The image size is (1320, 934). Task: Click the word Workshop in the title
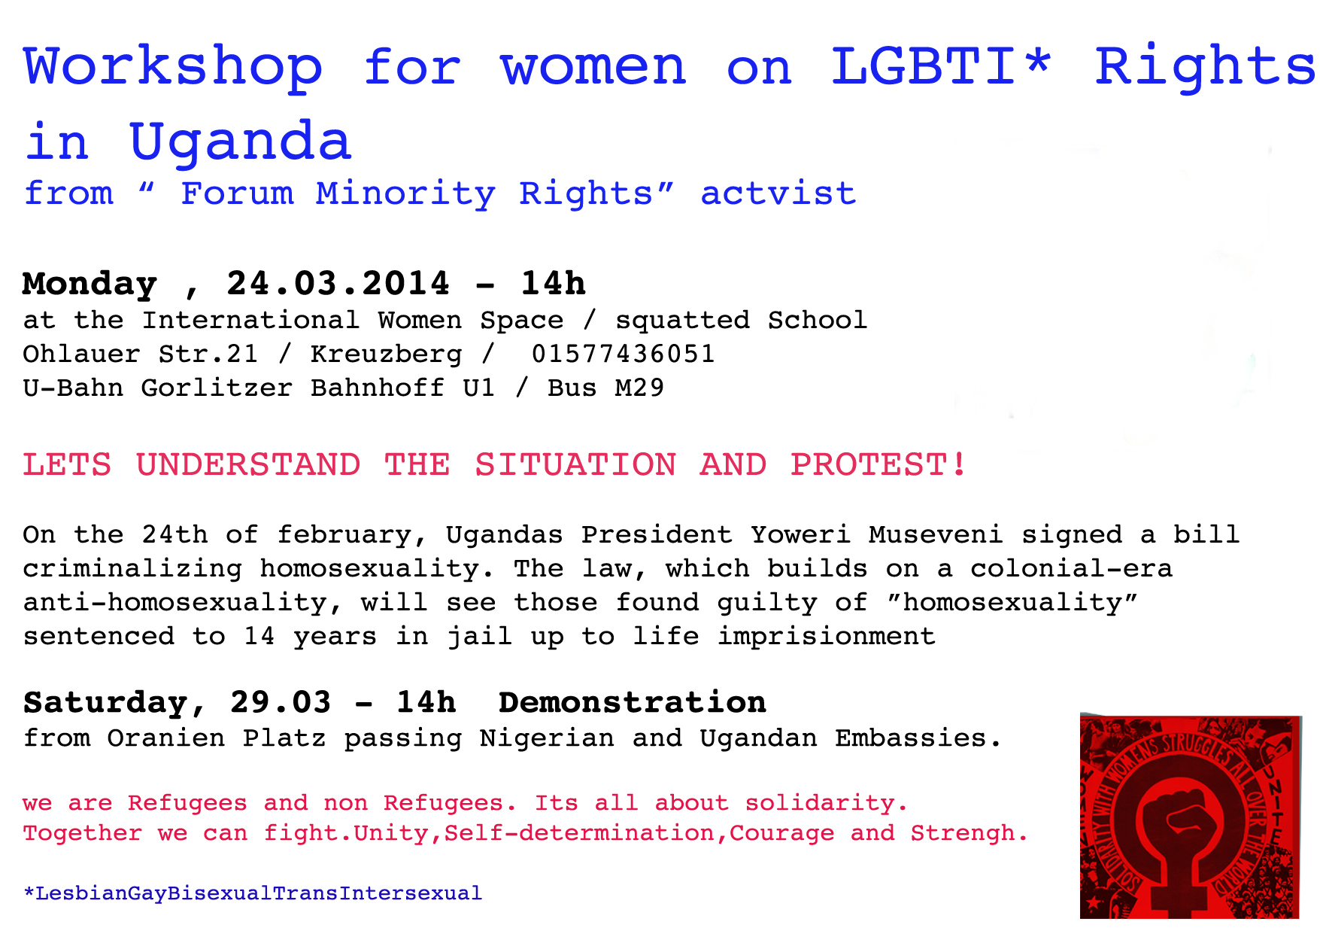tap(174, 68)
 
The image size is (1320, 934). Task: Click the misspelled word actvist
tap(778, 193)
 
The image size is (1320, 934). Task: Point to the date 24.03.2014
tap(338, 284)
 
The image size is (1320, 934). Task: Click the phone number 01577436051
tap(624, 354)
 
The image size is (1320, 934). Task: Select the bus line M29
tap(639, 388)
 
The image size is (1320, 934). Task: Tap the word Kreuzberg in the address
tap(387, 354)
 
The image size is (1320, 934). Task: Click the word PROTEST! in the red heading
tap(878, 464)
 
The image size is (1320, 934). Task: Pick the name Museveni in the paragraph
tap(936, 534)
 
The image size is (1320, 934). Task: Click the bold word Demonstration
tap(633, 702)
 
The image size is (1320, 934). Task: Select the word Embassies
tap(918, 738)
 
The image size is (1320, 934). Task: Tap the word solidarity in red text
tap(827, 803)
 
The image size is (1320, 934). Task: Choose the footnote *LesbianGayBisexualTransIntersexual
tap(253, 893)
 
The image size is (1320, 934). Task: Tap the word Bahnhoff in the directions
tap(378, 388)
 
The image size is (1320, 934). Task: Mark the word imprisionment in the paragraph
tap(827, 637)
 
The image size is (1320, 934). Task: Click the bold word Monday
tap(90, 284)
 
